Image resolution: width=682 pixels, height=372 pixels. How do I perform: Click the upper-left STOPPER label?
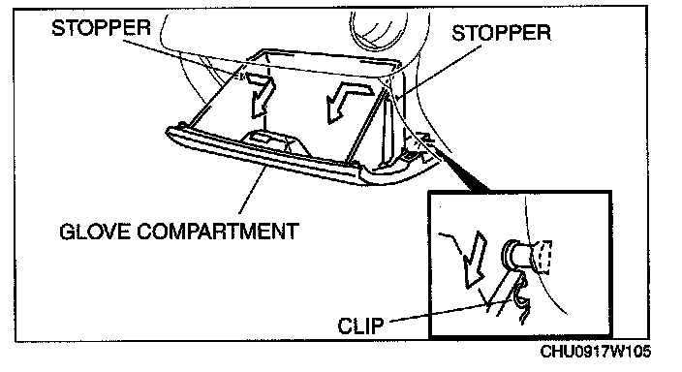pos(101,27)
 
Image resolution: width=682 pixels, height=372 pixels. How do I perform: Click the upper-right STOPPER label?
pos(501,33)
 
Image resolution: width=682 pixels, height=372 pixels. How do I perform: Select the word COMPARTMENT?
pos(218,231)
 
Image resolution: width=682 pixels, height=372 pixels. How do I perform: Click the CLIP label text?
pos(360,325)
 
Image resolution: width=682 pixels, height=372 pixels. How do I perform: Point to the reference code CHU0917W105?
pos(596,351)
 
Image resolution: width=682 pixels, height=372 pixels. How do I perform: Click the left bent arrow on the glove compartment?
pos(260,95)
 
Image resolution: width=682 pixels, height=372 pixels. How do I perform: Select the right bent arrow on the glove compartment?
pos(348,103)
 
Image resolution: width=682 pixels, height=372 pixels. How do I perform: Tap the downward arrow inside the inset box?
pos(475,259)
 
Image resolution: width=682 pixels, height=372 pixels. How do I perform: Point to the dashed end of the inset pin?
pos(544,257)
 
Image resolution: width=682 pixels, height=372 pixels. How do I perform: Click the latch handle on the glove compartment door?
pos(273,141)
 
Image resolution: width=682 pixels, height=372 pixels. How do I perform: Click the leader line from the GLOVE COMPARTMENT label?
pos(253,190)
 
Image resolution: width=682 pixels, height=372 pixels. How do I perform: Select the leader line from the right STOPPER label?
pos(439,72)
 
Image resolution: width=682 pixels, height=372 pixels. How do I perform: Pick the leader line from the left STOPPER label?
pos(182,59)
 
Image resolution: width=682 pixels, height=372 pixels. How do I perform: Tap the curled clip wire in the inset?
pos(522,299)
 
